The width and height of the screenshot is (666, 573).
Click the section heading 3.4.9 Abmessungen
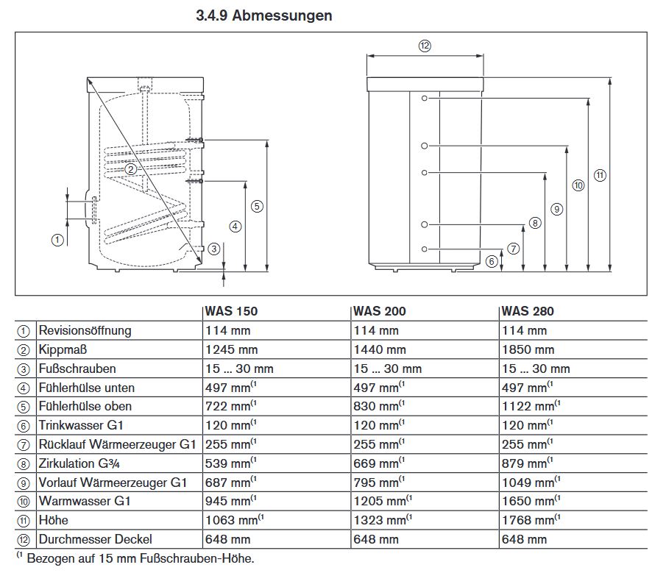[x=264, y=15]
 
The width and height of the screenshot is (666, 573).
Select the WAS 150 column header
[x=231, y=311]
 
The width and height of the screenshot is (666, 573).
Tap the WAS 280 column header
[x=528, y=311]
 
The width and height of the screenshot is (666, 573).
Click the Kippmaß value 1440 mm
[x=380, y=349]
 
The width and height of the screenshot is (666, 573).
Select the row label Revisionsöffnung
[x=85, y=330]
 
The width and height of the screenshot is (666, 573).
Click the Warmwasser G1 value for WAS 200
[x=380, y=502]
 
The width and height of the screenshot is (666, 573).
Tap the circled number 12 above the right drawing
[x=425, y=46]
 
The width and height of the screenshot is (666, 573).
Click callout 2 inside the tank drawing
[x=130, y=168]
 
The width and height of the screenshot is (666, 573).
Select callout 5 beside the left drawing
[x=257, y=206]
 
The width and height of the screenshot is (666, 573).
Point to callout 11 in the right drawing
[x=601, y=175]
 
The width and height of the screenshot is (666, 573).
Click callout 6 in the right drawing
[x=492, y=260]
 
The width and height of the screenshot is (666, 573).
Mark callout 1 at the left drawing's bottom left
[x=57, y=240]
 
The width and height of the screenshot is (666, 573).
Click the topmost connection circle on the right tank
[x=425, y=98]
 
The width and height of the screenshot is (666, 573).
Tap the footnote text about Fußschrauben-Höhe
[x=135, y=558]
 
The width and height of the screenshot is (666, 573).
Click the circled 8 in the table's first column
[x=24, y=463]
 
